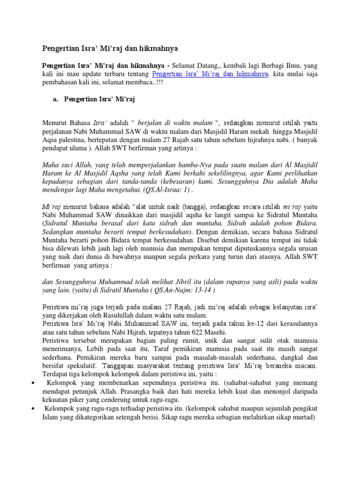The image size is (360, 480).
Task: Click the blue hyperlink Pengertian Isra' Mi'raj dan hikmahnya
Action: pyautogui.click(x=210, y=74)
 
